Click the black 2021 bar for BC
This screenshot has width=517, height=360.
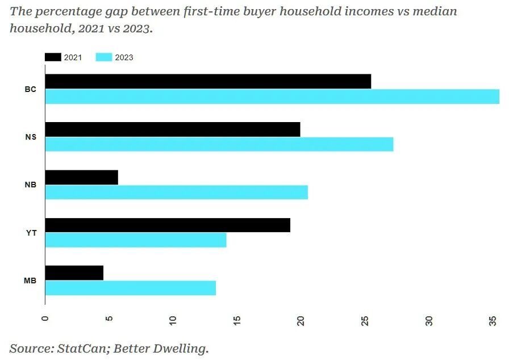pos(208,81)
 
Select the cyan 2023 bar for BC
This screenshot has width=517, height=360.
pos(272,97)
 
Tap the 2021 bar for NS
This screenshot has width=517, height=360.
pos(173,129)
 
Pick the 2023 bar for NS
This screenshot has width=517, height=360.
pos(219,144)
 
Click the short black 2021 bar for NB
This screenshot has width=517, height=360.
pos(81,177)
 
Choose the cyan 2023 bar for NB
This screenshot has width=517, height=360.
pos(176,192)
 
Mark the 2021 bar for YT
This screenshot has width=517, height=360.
pos(168,225)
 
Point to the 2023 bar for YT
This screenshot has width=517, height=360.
pos(136,240)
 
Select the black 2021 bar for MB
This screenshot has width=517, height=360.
pos(74,273)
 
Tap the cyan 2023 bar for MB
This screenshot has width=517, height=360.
pos(131,288)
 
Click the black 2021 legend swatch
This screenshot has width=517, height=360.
pos(53,57)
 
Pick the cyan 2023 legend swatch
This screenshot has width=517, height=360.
pos(104,57)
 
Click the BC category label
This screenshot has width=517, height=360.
pos(30,89)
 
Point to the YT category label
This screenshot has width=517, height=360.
pos(31,233)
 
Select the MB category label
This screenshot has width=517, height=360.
pos(30,281)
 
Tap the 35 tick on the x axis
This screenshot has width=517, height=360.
pos(493,321)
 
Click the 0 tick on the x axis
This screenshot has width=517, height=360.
pos(45,319)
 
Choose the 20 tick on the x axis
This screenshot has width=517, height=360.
pos(301,321)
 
